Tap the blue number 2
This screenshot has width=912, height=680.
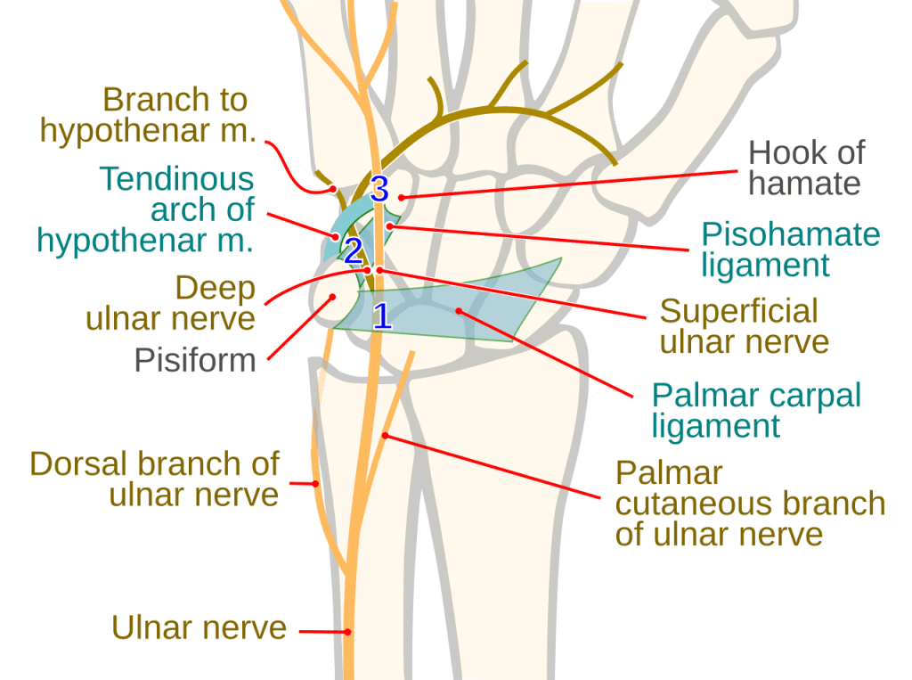pos(354,251)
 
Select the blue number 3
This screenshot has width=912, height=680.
pos(379,189)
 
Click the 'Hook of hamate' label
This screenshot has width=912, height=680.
pos(806,168)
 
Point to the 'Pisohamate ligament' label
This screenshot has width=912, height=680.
pos(790,250)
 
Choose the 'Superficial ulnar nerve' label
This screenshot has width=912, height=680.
pos(744,326)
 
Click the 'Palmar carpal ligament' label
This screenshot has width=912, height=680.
pos(755,410)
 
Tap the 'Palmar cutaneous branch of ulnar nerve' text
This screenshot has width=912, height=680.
pos(750,504)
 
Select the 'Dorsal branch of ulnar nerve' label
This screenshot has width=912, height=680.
pos(155,479)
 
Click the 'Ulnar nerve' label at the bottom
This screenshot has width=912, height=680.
pos(199,627)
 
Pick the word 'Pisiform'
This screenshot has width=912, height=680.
pos(195,360)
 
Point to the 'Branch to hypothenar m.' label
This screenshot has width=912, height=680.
pos(148,115)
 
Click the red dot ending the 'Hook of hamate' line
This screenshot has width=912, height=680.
pos(402,197)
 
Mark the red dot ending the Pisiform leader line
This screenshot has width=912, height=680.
pos(331,298)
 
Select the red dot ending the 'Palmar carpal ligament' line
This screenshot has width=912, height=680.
pos(459,311)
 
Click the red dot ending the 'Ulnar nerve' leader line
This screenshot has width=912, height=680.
pos(349,633)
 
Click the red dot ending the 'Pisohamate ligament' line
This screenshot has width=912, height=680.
pos(390,226)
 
